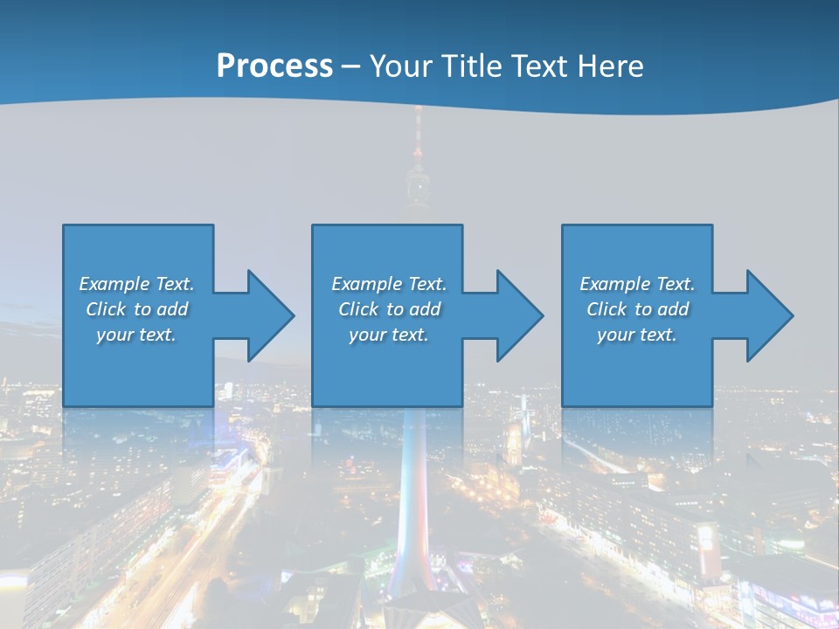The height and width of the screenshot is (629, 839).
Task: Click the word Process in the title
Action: pyautogui.click(x=274, y=66)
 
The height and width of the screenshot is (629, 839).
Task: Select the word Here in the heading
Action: pyautogui.click(x=608, y=66)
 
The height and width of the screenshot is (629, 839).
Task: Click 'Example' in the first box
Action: pyautogui.click(x=114, y=284)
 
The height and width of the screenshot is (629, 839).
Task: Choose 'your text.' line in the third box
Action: pyautogui.click(x=636, y=335)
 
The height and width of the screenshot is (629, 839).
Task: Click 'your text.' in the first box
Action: pyautogui.click(x=136, y=335)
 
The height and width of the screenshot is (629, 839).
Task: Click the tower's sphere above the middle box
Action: pyautogui.click(x=418, y=185)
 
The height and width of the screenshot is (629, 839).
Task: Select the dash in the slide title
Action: pyautogui.click(x=351, y=66)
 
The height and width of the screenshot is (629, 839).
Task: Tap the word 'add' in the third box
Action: pyautogui.click(x=673, y=309)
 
